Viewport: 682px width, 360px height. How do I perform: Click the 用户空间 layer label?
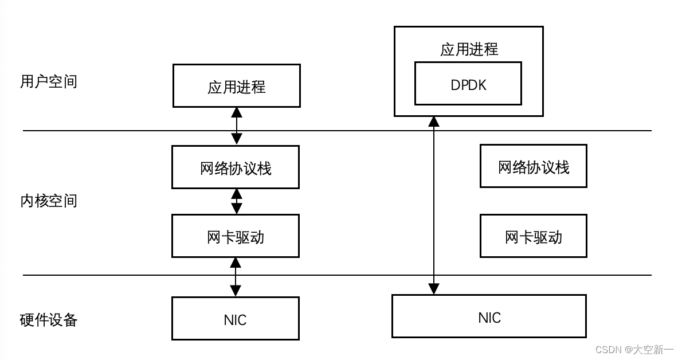click(48, 82)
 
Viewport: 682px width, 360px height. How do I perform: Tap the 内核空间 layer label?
click(48, 201)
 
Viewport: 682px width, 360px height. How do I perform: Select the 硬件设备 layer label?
click(48, 319)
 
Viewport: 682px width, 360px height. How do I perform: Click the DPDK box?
click(468, 84)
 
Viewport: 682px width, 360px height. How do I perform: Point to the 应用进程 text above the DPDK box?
click(469, 50)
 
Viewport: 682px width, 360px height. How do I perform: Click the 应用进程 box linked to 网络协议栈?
click(236, 86)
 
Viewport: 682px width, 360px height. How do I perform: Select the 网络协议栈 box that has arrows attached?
click(235, 167)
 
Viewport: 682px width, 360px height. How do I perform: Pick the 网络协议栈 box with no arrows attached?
click(533, 167)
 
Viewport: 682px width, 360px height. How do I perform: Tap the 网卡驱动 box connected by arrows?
click(235, 236)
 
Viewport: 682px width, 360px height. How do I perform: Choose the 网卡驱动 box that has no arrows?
click(533, 236)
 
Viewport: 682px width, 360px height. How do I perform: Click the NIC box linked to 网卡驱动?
click(235, 319)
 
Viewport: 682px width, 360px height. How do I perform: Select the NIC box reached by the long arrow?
click(489, 316)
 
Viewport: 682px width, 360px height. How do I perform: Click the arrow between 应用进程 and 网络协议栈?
click(236, 126)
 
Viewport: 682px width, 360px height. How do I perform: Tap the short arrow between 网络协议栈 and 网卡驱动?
click(236, 202)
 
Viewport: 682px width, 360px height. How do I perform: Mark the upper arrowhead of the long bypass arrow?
click(434, 122)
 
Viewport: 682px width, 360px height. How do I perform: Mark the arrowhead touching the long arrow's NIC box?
click(434, 289)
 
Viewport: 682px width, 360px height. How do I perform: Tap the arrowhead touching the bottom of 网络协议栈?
click(236, 194)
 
